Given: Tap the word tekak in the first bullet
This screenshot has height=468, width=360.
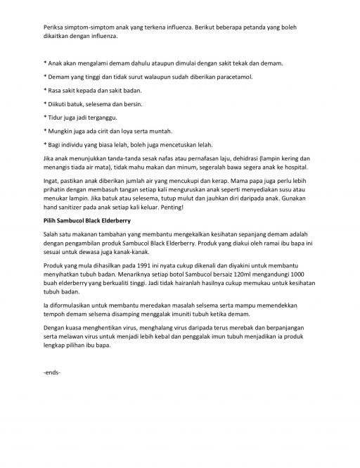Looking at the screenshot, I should pos(224,63).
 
